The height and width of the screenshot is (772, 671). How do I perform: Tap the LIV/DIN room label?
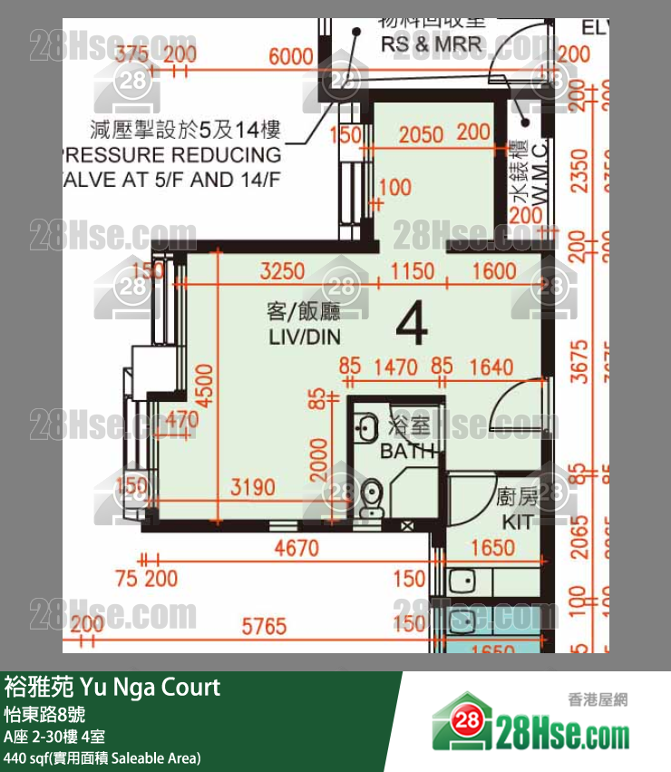coord(302,337)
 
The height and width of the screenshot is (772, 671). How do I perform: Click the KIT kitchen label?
coord(517,523)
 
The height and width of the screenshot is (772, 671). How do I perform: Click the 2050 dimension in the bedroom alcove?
coord(421,135)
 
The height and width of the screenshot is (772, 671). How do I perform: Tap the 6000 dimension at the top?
coord(290,56)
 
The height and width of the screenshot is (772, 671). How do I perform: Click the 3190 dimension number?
coord(252,488)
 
